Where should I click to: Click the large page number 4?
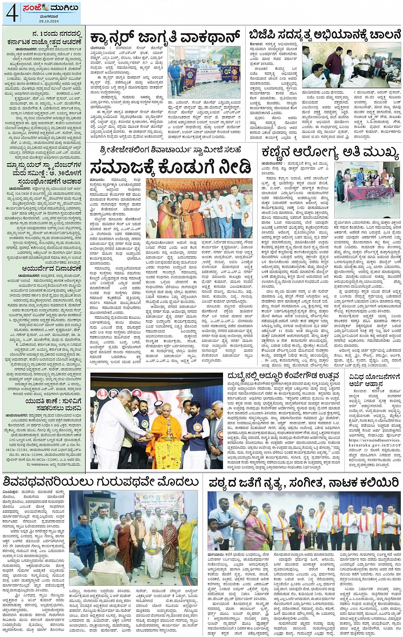(x=12, y=13)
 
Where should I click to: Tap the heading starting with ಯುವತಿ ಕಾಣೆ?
(x=44, y=402)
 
